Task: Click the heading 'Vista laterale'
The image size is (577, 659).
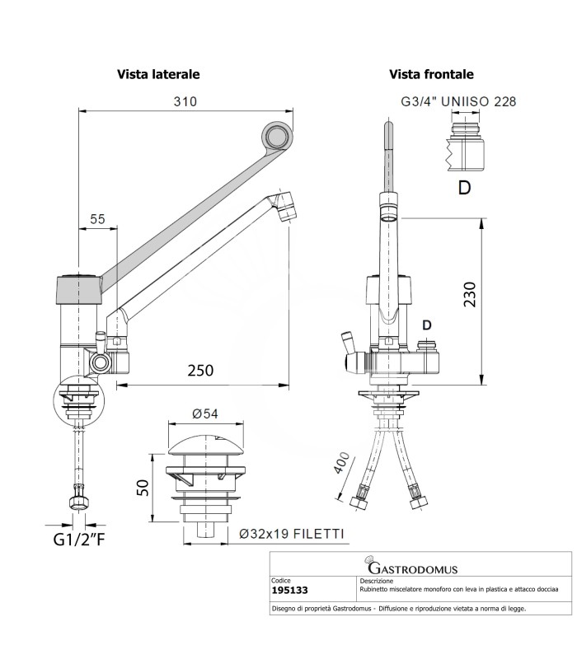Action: (158, 74)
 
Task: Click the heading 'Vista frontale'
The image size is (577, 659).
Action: (431, 74)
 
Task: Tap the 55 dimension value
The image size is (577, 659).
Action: (97, 219)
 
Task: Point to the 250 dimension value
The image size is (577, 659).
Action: (207, 370)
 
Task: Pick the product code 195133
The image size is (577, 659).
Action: (289, 591)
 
